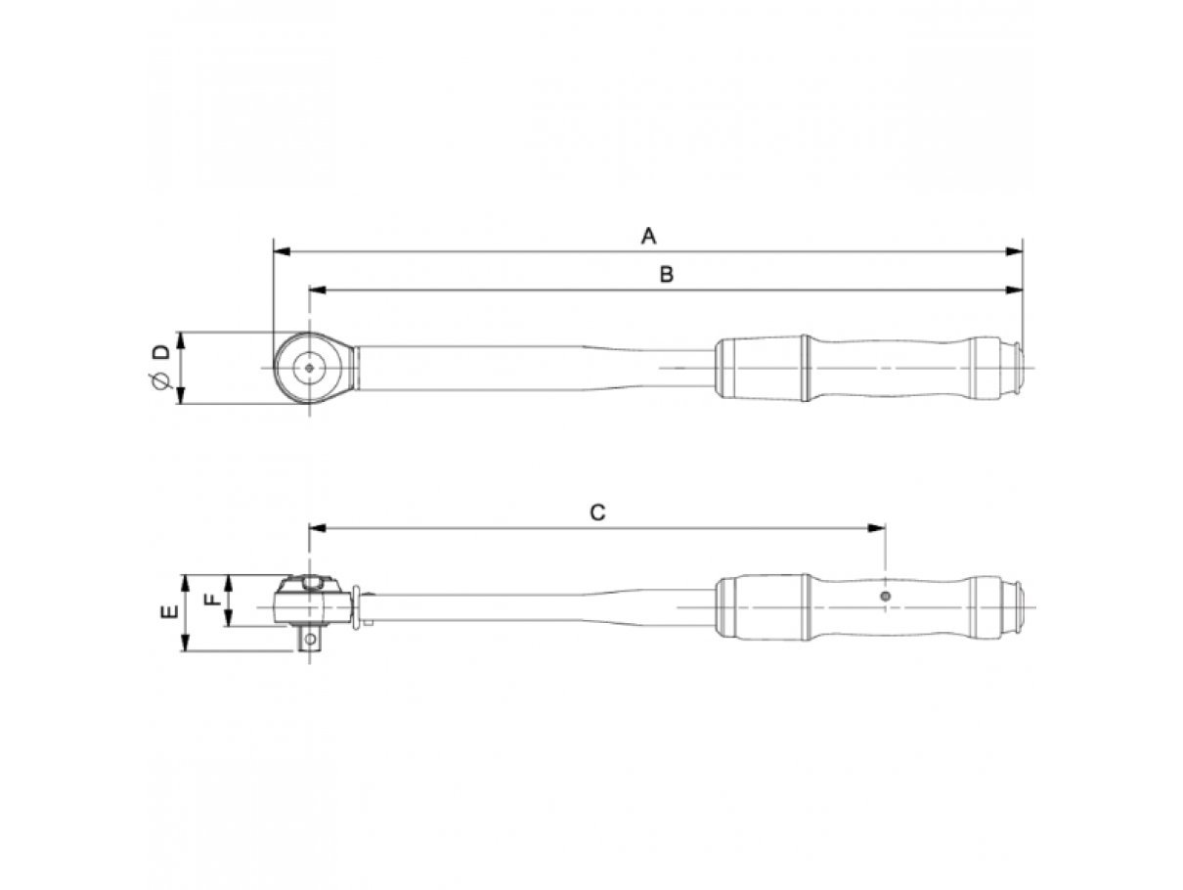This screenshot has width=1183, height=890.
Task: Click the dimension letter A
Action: [x=648, y=236]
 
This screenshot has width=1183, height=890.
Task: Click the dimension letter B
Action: [x=666, y=275]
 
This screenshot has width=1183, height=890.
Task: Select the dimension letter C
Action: [x=597, y=512]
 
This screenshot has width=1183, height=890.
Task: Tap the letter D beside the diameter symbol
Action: [x=160, y=352]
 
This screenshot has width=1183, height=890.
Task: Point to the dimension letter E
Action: [x=170, y=611]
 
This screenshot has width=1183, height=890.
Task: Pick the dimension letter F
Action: [x=214, y=599]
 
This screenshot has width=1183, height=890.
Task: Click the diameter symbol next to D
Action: [x=160, y=380]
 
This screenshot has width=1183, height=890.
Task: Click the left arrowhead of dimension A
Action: [x=282, y=251]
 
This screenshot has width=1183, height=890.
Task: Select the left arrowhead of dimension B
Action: [x=318, y=290]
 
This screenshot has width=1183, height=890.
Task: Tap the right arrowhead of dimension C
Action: [x=876, y=528]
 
